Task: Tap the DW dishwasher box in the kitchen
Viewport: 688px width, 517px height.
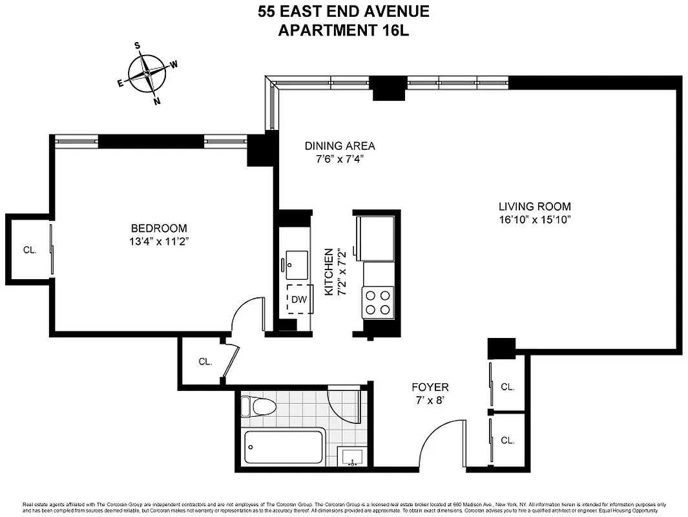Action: (x=298, y=299)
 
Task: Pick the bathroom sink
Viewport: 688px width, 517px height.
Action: (x=352, y=456)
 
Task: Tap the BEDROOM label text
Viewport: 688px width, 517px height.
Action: (x=159, y=228)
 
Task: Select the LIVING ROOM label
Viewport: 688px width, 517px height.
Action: (x=534, y=207)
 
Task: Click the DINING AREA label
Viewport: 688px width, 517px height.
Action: (x=340, y=146)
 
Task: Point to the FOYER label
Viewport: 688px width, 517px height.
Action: (x=430, y=387)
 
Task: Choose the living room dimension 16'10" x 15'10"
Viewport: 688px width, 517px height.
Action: (x=534, y=220)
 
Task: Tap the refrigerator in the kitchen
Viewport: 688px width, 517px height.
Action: (x=375, y=237)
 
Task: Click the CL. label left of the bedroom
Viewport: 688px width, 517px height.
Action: (x=29, y=249)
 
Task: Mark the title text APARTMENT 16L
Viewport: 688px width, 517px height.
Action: (x=343, y=30)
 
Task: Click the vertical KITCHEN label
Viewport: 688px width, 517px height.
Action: (x=329, y=271)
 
